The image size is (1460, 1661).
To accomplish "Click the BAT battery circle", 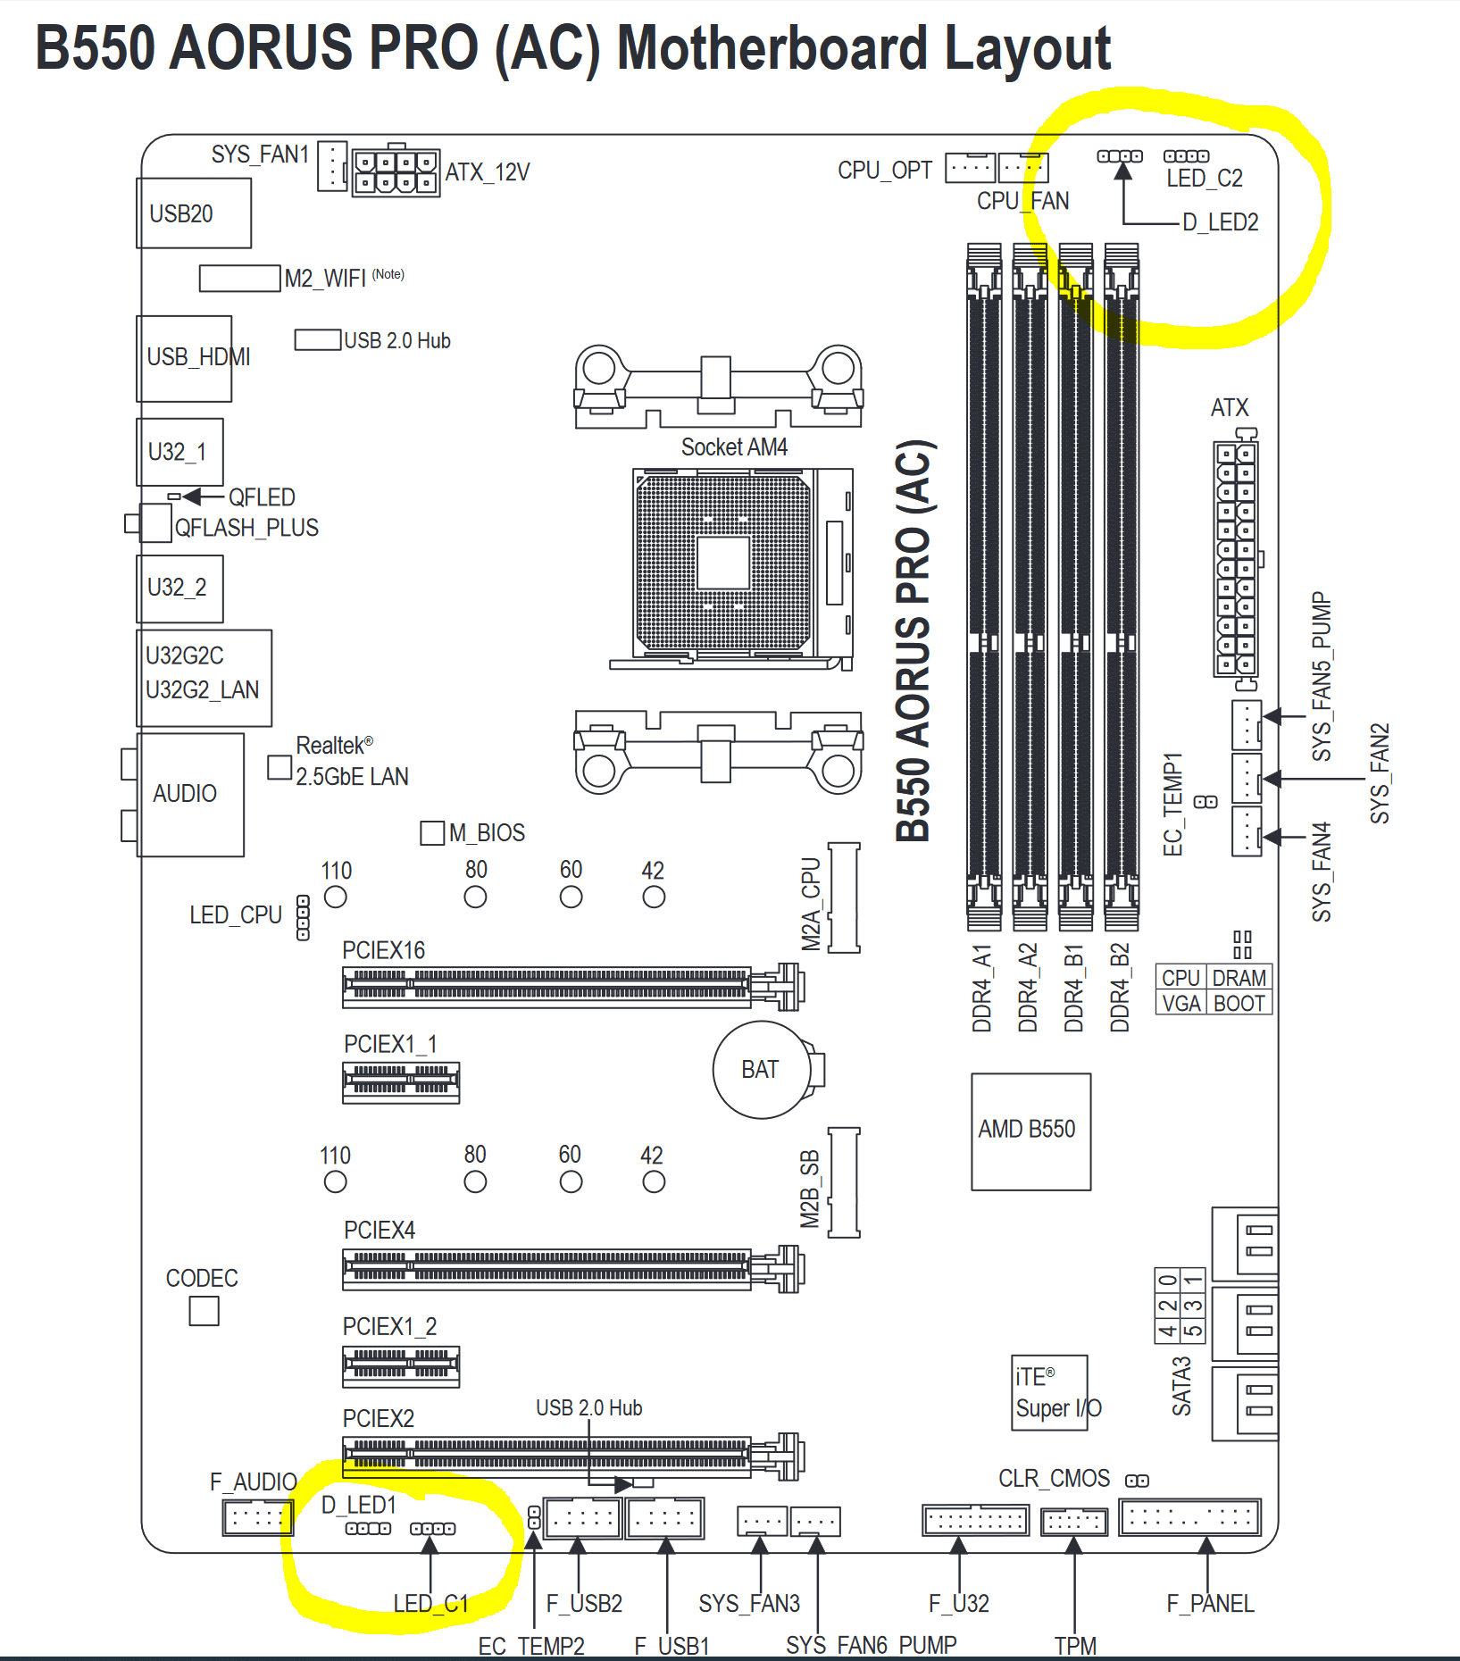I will pos(761,1069).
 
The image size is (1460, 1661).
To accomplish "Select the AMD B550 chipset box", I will pos(1030,1131).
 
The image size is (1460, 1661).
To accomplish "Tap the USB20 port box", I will pos(194,213).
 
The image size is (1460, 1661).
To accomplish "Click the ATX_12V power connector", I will pos(396,172).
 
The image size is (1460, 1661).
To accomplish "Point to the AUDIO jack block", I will pos(190,794).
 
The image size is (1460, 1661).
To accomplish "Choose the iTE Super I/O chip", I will pos(1049,1392).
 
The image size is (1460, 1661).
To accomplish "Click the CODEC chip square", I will pos(204,1311).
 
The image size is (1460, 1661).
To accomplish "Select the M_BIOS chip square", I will pos(432,833).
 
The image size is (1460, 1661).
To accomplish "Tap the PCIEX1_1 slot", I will pos(401,1082).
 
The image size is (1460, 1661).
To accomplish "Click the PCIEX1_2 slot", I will pos(401,1366).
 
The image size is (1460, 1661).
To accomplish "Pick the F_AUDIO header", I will pos(257,1516).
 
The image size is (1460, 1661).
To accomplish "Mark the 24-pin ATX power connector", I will pos(1235,558).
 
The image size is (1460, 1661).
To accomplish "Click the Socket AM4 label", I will pos(734,447).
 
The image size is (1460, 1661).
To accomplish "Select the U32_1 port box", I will pos(179,452).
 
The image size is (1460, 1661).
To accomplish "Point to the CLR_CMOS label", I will pos(1054,1479).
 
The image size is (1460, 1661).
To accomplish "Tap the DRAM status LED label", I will pos(1239,978).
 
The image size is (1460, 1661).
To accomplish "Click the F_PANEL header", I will pos(1189,1516).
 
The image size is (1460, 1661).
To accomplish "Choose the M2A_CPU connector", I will pos(844,897).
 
